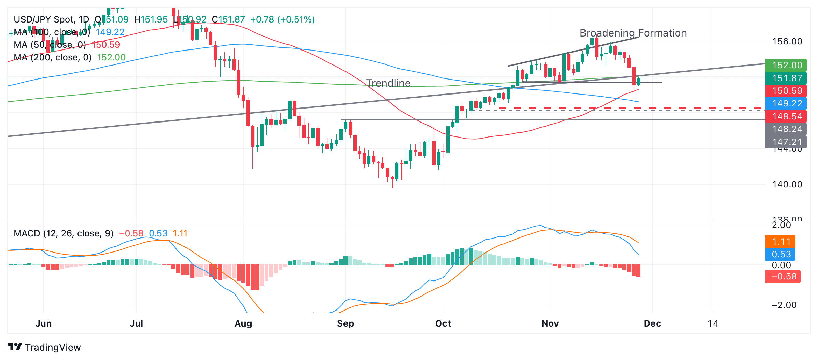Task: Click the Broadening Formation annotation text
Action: (633, 33)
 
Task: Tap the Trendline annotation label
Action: (388, 83)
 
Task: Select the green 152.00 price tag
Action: (786, 65)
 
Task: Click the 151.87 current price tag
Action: (786, 78)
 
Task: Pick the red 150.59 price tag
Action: (786, 91)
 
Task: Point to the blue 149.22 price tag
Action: (786, 103)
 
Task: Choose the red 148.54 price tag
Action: (786, 116)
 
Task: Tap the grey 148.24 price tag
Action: (786, 129)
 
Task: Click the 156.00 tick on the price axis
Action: (787, 42)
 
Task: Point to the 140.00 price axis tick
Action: (787, 184)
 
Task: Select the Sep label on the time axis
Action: (345, 323)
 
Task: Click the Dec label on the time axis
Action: (652, 323)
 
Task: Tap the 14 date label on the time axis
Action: (713, 323)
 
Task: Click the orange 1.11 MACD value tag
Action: (781, 242)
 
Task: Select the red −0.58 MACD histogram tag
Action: (783, 276)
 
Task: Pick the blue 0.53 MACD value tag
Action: (781, 254)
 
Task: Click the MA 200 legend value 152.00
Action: (111, 57)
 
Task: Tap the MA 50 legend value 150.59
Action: (106, 45)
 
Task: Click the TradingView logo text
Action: (53, 347)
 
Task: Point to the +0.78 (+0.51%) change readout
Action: (282, 19)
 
